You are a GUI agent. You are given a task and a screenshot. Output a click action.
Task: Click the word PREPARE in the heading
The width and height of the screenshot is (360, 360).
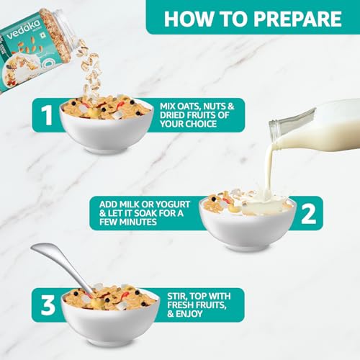(x=298, y=19)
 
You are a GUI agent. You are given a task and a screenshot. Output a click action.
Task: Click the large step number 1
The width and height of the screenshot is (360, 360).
(x=46, y=115)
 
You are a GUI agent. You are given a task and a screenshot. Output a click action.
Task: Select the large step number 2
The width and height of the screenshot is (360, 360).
(x=308, y=215)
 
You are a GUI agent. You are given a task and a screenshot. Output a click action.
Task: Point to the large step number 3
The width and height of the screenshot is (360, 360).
(x=48, y=305)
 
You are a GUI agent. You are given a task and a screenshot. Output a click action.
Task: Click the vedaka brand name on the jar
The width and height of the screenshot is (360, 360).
(x=24, y=30)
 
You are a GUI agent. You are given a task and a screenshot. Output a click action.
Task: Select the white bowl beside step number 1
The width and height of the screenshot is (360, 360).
(x=107, y=130)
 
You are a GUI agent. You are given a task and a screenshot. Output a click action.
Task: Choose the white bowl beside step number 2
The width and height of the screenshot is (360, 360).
(x=248, y=225)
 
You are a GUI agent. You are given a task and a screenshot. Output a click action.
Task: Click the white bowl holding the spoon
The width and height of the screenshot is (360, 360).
(x=111, y=319)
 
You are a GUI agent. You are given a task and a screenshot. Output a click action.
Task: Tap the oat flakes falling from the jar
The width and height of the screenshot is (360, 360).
(x=89, y=70)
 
